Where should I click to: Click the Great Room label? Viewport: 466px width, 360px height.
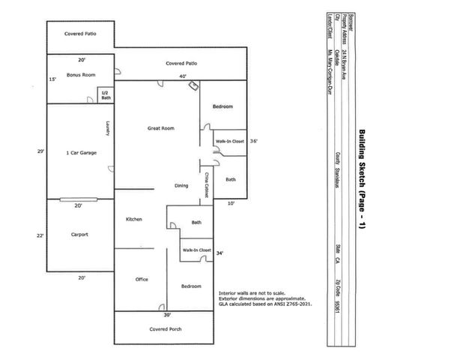161,129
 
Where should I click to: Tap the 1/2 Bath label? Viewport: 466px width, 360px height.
106,95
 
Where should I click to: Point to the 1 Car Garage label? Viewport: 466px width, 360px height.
81,152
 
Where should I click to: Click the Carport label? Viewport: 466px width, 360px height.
79,235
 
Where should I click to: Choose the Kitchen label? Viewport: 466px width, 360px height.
133,219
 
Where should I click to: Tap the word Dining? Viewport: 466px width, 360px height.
181,185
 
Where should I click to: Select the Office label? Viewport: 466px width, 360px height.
142,279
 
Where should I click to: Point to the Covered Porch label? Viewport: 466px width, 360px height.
164,328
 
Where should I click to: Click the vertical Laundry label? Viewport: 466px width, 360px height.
109,129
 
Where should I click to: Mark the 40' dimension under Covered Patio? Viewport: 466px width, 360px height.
181,76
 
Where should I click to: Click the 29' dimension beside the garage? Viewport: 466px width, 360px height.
40,151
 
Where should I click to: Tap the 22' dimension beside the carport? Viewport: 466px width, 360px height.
40,235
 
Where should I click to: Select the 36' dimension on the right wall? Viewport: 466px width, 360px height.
253,140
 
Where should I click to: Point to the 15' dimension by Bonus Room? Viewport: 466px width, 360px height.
52,79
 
